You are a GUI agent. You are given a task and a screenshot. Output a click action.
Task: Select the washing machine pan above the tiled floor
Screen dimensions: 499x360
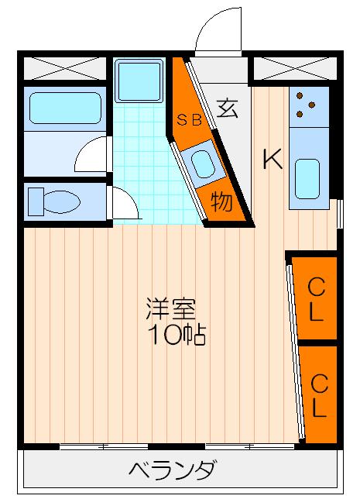click(139, 79)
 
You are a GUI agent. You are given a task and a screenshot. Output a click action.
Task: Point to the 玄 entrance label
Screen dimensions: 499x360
click(226, 108)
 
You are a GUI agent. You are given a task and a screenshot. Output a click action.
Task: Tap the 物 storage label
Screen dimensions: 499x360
click(221, 202)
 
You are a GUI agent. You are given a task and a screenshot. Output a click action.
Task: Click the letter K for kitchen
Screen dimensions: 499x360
click(272, 159)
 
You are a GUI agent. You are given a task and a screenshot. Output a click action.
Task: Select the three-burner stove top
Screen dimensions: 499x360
click(308, 106)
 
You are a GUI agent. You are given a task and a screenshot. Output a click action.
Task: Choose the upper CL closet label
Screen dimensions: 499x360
click(316, 299)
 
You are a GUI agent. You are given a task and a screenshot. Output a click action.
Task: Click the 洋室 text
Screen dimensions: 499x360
click(165, 308)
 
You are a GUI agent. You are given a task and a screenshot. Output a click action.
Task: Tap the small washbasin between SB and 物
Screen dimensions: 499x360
click(203, 163)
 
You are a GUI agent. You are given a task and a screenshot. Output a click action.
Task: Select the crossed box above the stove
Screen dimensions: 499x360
click(294, 68)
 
